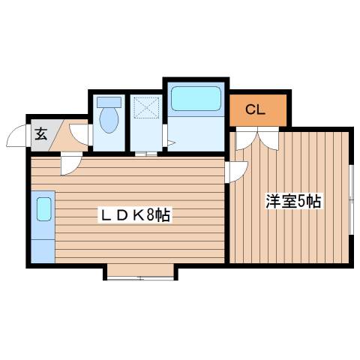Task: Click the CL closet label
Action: click(256, 110)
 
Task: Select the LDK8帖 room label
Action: click(136, 216)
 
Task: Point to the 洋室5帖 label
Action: click(293, 201)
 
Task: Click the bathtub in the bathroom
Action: click(194, 98)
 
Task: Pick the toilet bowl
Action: click(109, 118)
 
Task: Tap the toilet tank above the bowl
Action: click(109, 100)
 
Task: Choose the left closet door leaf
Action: click(244, 139)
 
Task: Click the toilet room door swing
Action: click(86, 135)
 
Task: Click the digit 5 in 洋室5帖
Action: click(301, 201)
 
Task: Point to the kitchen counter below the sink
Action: click(43, 244)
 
